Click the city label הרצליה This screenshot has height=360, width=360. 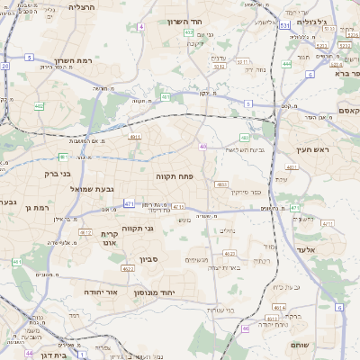click(81, 6)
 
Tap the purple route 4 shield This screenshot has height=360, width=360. click(140, 27)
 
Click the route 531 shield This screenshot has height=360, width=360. click(284, 26)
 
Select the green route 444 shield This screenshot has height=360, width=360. click(287, 64)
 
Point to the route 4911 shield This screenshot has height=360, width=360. click(135, 137)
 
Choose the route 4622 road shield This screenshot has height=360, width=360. click(128, 268)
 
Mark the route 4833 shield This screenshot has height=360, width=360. click(221, 184)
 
